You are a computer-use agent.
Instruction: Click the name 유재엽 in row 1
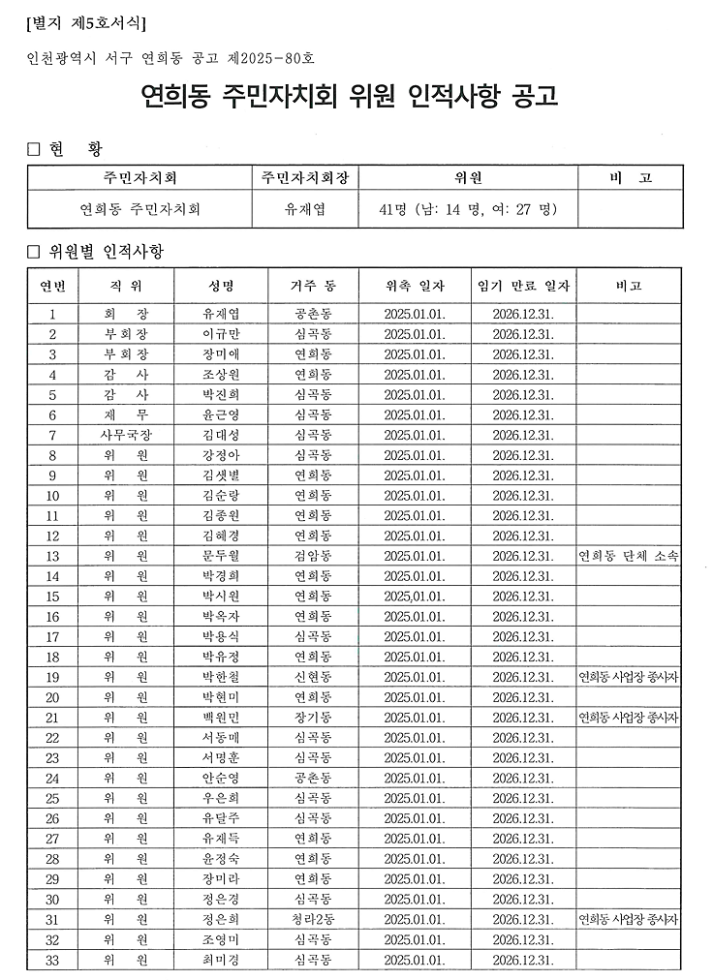[x=221, y=314]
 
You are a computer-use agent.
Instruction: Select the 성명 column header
[x=221, y=286]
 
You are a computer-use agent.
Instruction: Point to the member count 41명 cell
[x=469, y=208]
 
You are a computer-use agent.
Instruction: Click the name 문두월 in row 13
[x=221, y=556]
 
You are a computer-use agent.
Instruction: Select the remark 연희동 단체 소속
[x=628, y=556]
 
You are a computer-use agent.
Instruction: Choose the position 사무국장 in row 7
[x=126, y=435]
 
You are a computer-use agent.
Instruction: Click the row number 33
[x=52, y=960]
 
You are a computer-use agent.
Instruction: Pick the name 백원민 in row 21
[x=221, y=718]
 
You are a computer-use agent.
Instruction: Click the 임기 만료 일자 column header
[x=523, y=286]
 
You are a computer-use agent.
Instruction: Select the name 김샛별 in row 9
[x=221, y=475]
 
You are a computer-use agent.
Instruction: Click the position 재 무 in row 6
[x=126, y=414]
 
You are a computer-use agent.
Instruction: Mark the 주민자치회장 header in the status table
[x=305, y=178]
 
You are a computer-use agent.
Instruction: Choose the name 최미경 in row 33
[x=221, y=960]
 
